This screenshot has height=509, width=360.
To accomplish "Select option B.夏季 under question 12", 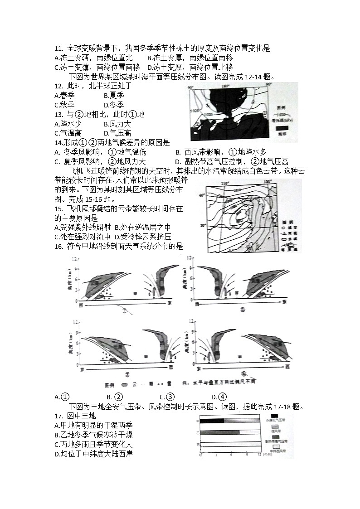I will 113,95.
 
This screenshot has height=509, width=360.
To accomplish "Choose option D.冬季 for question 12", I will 113,105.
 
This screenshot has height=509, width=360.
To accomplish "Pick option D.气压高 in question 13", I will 117,133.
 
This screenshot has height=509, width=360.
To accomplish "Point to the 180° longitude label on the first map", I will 225,86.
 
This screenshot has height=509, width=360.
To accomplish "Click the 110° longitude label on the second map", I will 223,182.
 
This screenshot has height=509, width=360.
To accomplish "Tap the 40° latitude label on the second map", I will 203,195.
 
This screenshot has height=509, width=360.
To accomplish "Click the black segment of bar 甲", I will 212,421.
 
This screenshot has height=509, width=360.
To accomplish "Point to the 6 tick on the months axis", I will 230,453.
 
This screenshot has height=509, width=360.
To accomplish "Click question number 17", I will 58,416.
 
